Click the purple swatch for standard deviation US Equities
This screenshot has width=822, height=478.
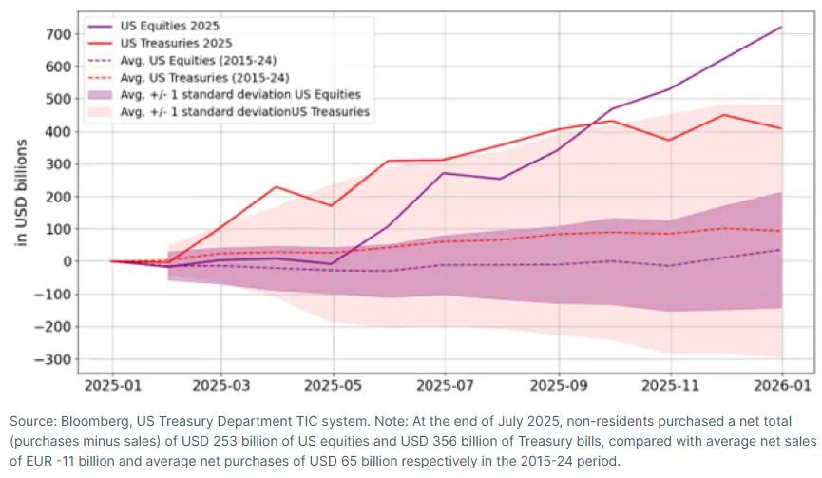point(101,95)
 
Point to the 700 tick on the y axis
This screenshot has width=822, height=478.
point(59,34)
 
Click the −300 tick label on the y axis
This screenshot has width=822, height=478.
point(52,359)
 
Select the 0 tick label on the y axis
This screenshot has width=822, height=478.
point(67,261)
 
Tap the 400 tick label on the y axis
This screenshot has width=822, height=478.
point(59,132)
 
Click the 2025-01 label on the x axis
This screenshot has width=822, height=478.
point(113,385)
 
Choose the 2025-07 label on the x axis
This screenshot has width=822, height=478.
point(445,385)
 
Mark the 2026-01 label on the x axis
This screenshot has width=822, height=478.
point(782,385)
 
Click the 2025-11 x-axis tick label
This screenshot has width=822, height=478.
point(670,385)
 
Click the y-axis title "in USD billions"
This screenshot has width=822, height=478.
point(21,192)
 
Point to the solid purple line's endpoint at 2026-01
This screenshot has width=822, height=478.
point(782,27)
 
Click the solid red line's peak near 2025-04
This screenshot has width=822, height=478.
point(277,186)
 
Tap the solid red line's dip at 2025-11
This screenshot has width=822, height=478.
point(669,141)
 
